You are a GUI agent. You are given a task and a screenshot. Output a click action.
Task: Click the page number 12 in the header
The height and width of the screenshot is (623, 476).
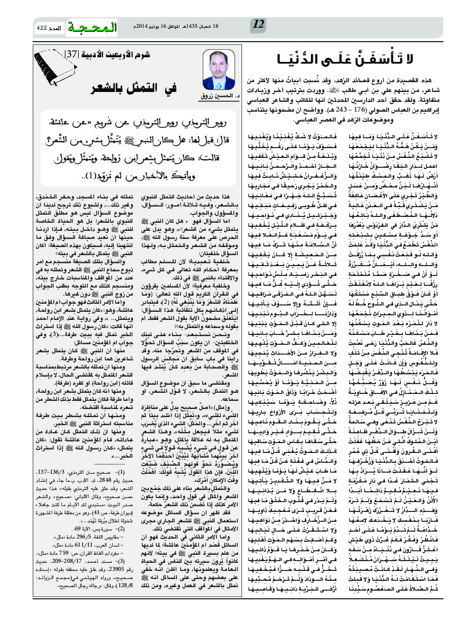[259, 24]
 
